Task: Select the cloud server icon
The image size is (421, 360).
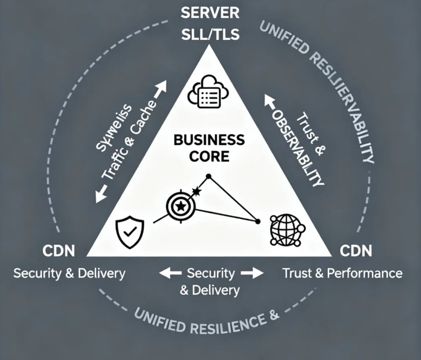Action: click(x=208, y=93)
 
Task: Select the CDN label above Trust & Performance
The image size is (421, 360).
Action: click(x=356, y=251)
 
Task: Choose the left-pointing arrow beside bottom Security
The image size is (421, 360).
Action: click(x=170, y=272)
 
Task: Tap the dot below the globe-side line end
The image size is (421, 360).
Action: click(x=258, y=221)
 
